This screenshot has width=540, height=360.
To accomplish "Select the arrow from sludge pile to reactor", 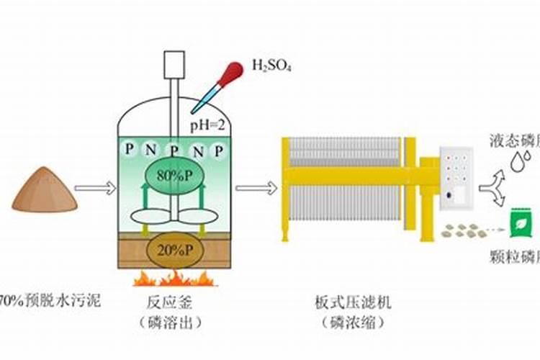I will [94, 189].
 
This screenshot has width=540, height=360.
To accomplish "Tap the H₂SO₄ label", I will [271, 67].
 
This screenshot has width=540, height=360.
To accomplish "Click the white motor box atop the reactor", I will [174, 65].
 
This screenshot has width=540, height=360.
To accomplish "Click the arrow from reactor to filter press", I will [256, 189].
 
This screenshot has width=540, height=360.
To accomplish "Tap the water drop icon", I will [516, 163].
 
